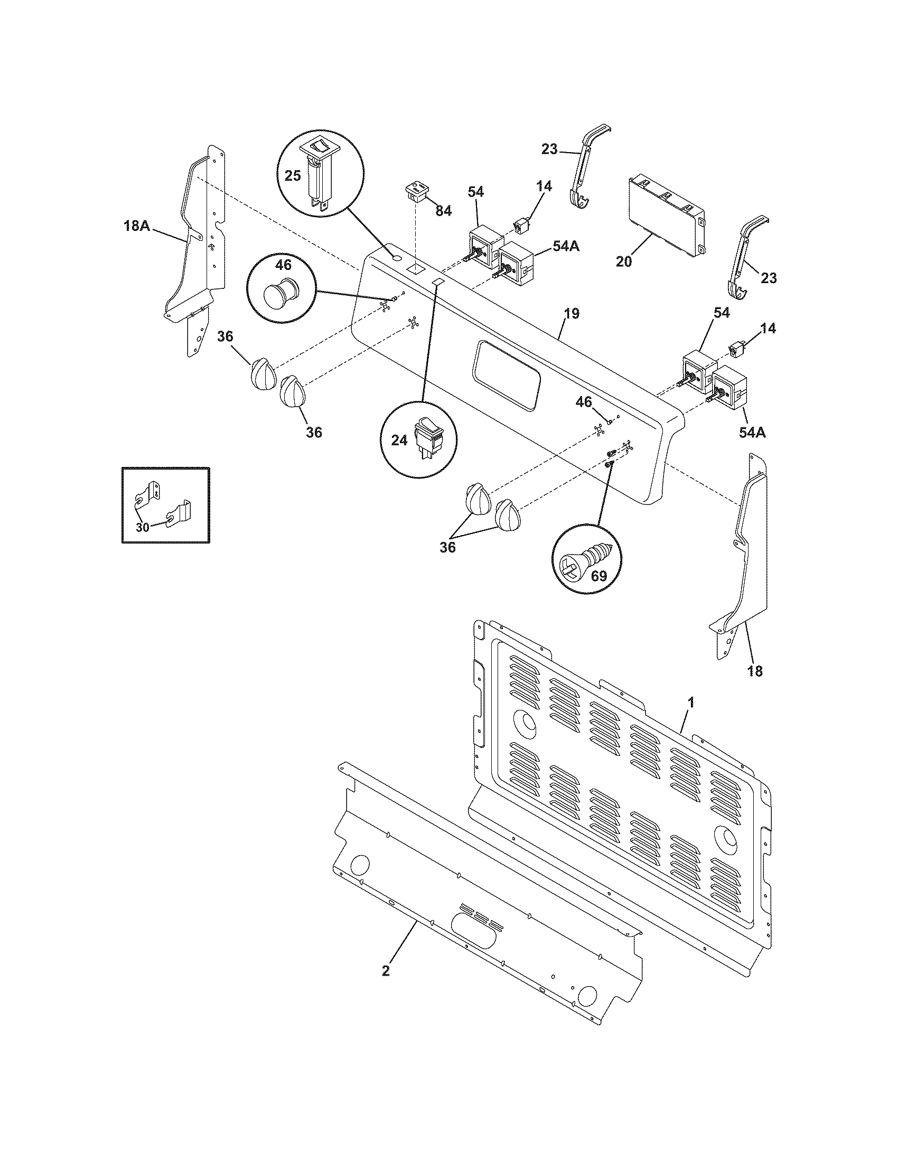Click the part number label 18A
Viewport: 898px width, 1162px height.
point(136,226)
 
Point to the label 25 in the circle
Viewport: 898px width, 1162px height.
point(292,176)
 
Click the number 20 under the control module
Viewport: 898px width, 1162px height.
point(624,262)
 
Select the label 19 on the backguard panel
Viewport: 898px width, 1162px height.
point(572,313)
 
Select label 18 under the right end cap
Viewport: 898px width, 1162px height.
point(754,671)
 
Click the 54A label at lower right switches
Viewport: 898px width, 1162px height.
point(752,433)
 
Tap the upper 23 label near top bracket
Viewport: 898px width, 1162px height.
point(549,149)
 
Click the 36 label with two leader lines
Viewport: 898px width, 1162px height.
point(447,547)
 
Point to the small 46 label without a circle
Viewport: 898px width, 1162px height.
point(584,402)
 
